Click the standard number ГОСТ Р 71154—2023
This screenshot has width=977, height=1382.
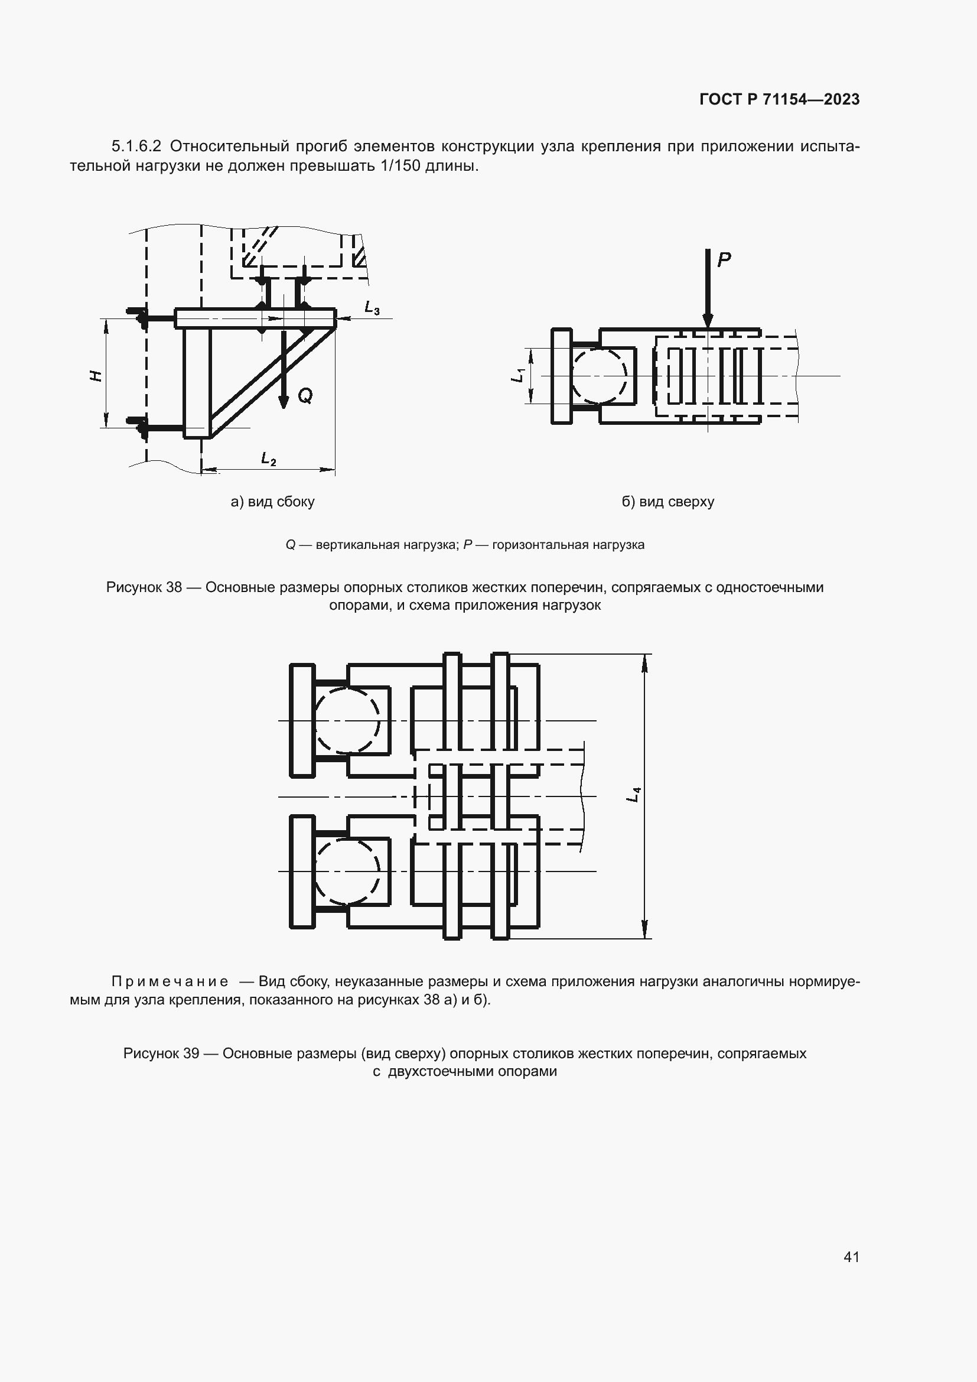click(x=779, y=99)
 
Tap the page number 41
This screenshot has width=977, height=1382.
click(x=851, y=1256)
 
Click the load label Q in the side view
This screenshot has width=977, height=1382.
click(x=305, y=395)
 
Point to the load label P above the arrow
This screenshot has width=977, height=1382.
click(x=724, y=259)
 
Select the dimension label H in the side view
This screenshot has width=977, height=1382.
click(x=96, y=376)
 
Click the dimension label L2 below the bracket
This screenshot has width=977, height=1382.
click(x=268, y=459)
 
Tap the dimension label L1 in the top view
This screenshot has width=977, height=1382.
click(x=517, y=375)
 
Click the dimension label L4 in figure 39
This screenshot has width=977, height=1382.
click(x=633, y=795)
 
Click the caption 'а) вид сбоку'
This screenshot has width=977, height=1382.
click(x=272, y=502)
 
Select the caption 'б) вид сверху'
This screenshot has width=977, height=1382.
click(x=668, y=502)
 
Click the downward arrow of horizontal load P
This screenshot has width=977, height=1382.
click(x=708, y=289)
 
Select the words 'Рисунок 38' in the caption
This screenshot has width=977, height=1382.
click(x=144, y=587)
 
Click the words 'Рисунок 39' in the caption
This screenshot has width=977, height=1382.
click(x=161, y=1053)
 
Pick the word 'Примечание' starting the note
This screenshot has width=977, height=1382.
click(x=170, y=981)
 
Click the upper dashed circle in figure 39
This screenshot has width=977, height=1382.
click(x=347, y=720)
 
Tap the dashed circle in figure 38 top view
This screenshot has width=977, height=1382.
click(x=600, y=376)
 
